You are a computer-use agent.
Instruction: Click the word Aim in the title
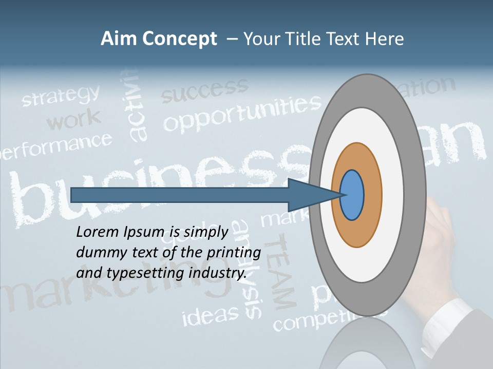(118, 39)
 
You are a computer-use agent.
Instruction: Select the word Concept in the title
(179, 39)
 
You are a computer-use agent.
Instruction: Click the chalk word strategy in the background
(61, 96)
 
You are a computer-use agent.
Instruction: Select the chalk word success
(204, 90)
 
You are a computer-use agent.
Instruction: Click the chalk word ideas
(211, 314)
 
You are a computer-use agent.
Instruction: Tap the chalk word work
(74, 121)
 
